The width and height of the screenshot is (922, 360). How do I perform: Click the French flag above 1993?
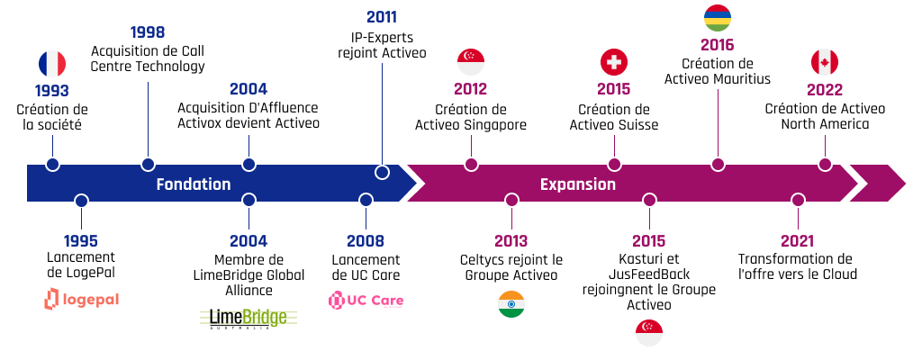pos(51,64)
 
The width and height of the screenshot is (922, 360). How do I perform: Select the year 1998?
pos(148,32)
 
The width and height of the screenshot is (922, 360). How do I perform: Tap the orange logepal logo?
pos(81,300)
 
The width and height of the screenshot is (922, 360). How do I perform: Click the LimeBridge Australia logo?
pos(249,319)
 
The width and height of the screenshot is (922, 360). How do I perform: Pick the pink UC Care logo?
pos(366,301)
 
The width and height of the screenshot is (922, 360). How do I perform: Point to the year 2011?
pos(382,17)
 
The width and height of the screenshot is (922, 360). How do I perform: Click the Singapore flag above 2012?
pos(470,62)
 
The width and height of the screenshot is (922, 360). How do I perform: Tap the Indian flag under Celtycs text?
pos(511,304)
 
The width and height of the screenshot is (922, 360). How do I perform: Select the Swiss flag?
pos(614,62)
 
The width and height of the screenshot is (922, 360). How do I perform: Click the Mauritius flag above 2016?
pos(718,18)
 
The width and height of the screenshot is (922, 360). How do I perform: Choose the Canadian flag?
pos(825,62)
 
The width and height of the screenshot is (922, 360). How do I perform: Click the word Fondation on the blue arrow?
pos(194,184)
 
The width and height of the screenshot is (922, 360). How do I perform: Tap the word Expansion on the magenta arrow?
pos(578,184)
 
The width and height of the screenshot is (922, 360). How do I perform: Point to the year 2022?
pos(825,90)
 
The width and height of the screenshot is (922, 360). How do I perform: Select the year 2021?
pos(798,240)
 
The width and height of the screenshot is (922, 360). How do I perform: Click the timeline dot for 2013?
pos(511,200)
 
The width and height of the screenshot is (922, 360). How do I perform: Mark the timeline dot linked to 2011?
pos(382,172)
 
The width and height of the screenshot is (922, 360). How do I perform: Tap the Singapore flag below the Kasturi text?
pos(649,333)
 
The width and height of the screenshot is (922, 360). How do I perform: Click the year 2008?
pos(366,240)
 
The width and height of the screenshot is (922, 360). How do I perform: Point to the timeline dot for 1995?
pos(82,200)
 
